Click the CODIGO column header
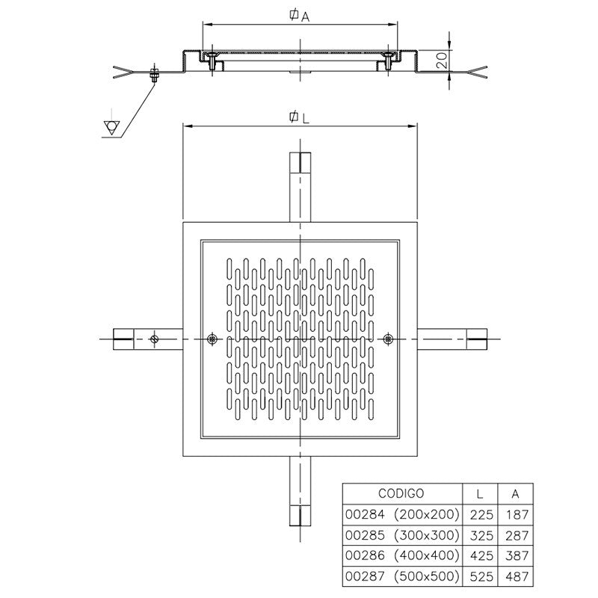(x=401, y=493)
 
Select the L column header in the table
(x=480, y=493)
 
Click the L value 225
(x=480, y=514)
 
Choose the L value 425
(x=480, y=556)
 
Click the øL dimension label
(x=299, y=117)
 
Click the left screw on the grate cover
(x=212, y=339)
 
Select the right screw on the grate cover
(x=386, y=339)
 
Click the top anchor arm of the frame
(x=299, y=187)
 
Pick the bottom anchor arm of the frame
(x=299, y=493)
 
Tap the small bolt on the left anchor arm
(x=154, y=339)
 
